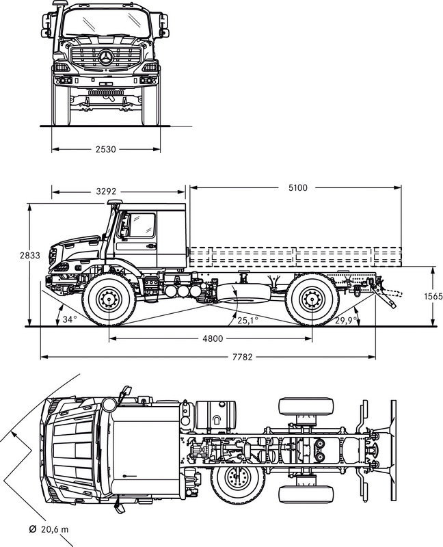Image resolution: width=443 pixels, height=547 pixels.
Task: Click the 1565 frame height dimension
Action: click(x=433, y=296)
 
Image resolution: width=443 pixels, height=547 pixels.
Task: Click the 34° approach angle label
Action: click(x=69, y=319)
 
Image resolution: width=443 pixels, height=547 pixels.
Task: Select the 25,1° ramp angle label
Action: click(x=247, y=319)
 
